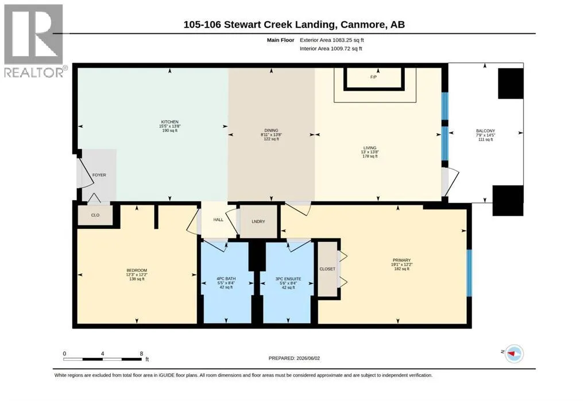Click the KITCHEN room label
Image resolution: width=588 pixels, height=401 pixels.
(169, 122)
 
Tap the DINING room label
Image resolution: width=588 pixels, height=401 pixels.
(272, 130)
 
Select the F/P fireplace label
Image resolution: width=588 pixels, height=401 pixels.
(373, 77)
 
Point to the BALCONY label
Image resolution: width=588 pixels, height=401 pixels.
(486, 131)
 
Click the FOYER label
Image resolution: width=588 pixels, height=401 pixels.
(99, 175)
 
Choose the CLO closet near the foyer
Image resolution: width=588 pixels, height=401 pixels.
(95, 215)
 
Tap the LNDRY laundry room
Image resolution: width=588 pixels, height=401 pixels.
(258, 221)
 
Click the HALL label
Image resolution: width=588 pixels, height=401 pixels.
(218, 220)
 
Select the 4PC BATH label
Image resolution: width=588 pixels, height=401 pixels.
(226, 278)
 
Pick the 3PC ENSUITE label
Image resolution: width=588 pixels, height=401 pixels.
(288, 278)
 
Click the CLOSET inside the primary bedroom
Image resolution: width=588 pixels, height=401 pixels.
(327, 268)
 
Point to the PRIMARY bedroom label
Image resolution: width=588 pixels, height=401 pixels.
(401, 260)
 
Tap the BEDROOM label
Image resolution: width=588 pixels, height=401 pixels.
(137, 270)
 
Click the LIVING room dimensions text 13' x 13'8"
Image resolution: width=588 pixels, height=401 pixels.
(370, 152)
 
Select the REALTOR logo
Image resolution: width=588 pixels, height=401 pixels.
(34, 41)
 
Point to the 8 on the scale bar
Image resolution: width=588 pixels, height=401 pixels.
(141, 353)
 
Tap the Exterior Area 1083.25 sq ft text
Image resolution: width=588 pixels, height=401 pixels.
(332, 40)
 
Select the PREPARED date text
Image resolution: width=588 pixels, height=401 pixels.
(295, 358)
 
